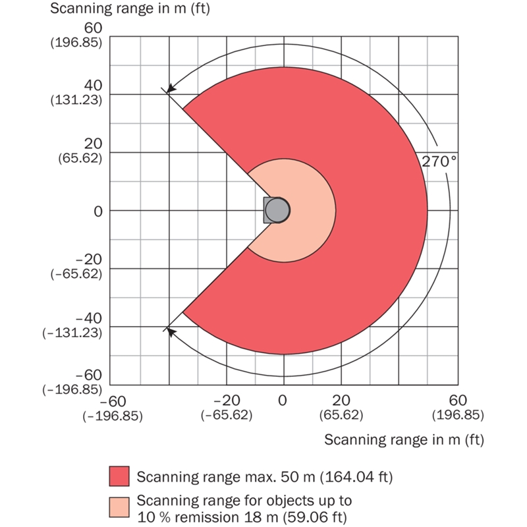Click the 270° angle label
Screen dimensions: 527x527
click(x=439, y=161)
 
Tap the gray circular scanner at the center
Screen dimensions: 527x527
click(x=277, y=210)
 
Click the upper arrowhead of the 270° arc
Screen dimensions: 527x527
click(x=170, y=88)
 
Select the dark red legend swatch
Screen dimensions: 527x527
click(x=119, y=476)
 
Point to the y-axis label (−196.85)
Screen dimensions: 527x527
click(x=73, y=389)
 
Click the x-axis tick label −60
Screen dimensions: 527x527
click(x=112, y=401)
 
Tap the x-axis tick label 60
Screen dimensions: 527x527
click(x=458, y=401)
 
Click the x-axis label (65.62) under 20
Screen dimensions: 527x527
click(x=341, y=415)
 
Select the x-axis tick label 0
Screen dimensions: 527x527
click(x=283, y=401)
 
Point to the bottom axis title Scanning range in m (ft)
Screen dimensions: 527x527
click(x=404, y=439)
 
